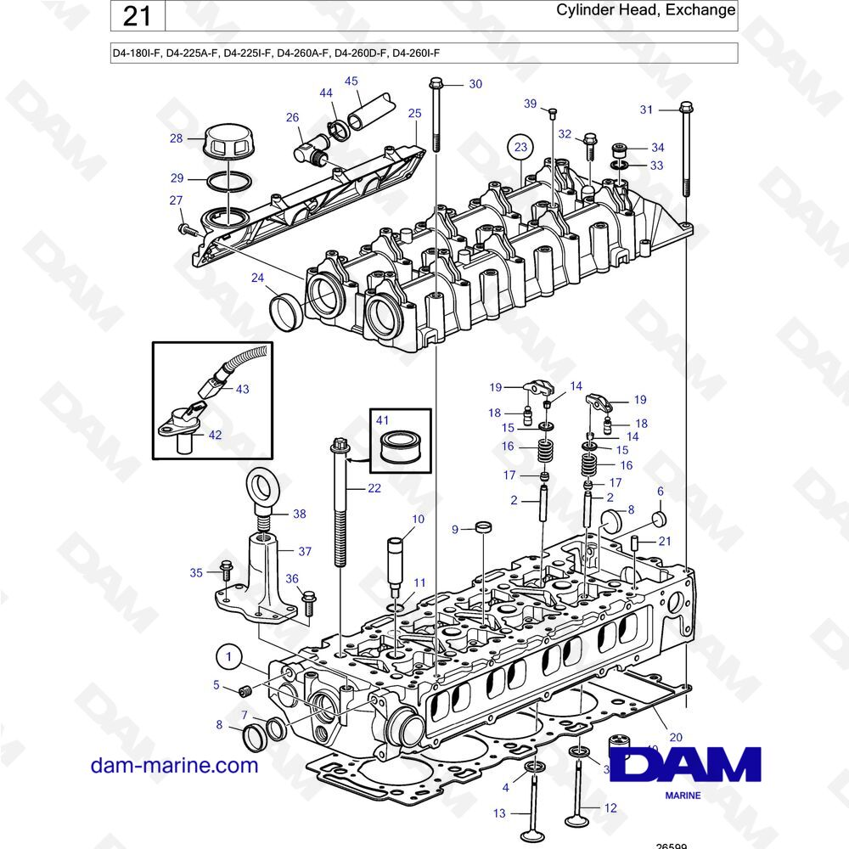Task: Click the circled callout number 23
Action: pyautogui.click(x=520, y=147)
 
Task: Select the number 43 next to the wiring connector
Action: pyautogui.click(x=243, y=389)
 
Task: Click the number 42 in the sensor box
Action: pyautogui.click(x=215, y=435)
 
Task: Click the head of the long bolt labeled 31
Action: pyautogui.click(x=686, y=109)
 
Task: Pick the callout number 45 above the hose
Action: pyautogui.click(x=351, y=82)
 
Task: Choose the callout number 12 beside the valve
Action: pyautogui.click(x=610, y=809)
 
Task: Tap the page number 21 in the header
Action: pyautogui.click(x=138, y=16)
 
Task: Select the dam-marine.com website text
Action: pyautogui.click(x=174, y=765)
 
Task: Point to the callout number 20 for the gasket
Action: pyautogui.click(x=676, y=737)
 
